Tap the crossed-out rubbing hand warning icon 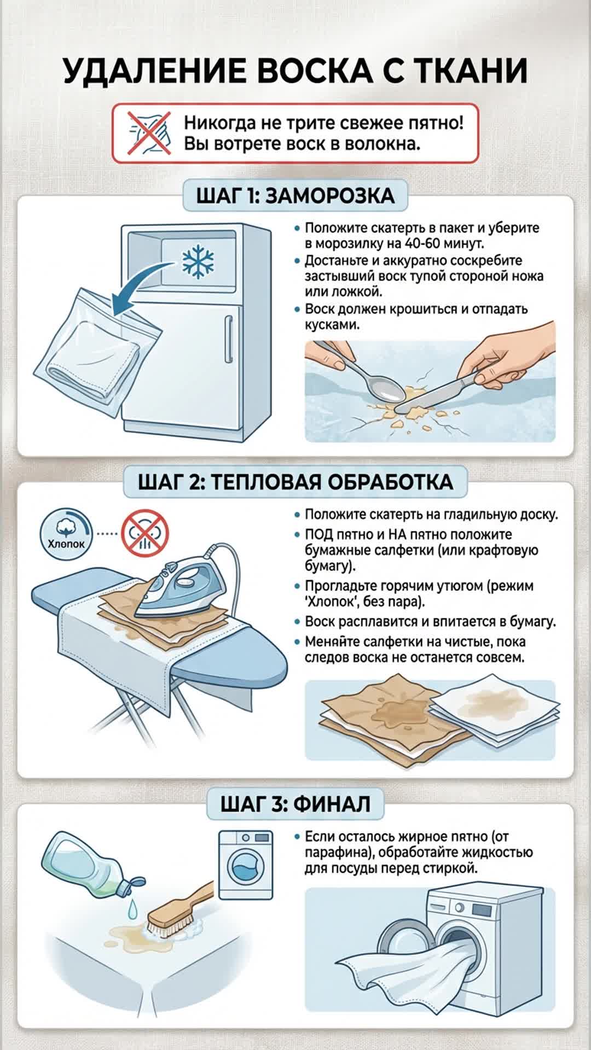149,132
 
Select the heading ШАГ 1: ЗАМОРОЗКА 296,195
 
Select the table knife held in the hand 438,391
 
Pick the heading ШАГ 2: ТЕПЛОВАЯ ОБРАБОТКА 296,482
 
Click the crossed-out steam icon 145,533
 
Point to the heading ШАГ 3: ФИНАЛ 296,804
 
